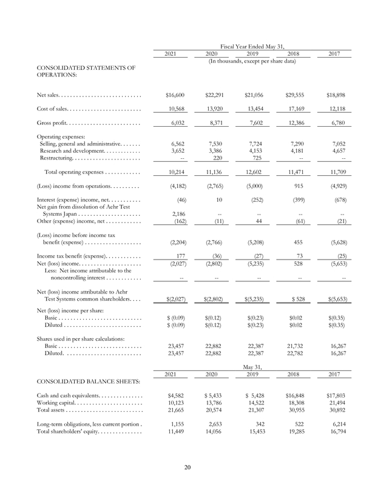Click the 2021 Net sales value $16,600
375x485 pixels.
click(x=175, y=95)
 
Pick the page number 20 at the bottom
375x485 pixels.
click(x=187, y=466)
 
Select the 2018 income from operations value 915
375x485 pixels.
click(x=298, y=185)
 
